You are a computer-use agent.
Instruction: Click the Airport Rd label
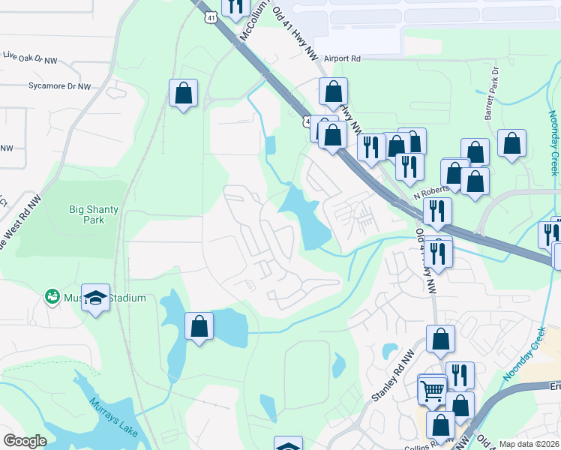point(342,58)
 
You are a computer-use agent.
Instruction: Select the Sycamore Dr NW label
point(58,87)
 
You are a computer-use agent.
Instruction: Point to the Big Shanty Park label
point(94,215)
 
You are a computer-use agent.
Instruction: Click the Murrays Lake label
point(112,412)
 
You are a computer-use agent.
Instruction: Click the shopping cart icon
point(433,389)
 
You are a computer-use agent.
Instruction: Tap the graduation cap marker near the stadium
point(96,298)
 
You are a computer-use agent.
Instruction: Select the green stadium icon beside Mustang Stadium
point(52,298)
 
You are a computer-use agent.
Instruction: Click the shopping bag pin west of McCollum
point(183,93)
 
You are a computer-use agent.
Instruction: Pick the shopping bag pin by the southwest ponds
point(199,326)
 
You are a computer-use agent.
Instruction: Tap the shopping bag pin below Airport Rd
point(333,91)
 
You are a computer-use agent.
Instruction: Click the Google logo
point(25,441)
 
